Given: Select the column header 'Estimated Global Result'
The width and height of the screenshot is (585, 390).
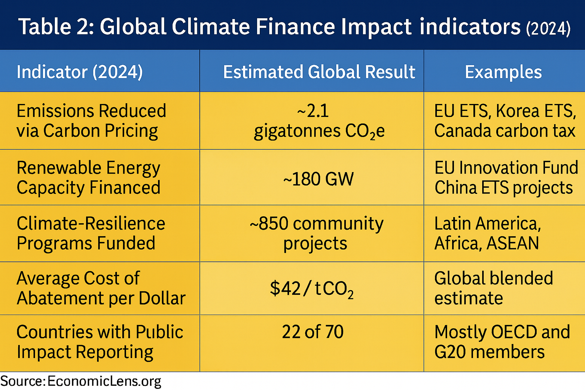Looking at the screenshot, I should (x=319, y=72).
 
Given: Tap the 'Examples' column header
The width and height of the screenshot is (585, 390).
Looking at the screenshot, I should (x=503, y=72).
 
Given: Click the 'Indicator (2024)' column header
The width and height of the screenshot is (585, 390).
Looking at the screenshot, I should (x=80, y=72).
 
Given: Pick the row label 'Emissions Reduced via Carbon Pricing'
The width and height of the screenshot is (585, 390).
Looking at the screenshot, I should (x=91, y=121).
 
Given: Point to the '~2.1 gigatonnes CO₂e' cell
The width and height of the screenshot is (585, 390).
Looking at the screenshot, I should (x=319, y=121).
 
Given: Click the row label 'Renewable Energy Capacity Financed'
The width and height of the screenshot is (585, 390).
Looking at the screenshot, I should (x=88, y=177).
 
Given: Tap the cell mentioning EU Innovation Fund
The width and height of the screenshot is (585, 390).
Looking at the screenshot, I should (x=506, y=177).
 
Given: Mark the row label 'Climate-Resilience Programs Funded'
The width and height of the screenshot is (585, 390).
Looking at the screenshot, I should (x=91, y=233).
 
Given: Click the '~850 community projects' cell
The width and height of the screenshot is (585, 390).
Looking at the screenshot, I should (x=316, y=233).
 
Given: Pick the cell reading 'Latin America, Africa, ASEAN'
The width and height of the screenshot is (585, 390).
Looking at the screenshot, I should (x=487, y=233).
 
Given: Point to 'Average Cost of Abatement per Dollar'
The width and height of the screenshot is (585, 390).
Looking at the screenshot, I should (x=101, y=288).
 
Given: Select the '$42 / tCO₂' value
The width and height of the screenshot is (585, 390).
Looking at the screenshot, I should (x=312, y=289).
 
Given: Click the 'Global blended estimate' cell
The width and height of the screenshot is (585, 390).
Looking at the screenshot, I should (x=493, y=288).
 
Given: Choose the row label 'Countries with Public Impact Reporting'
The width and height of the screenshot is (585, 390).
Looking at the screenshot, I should (x=100, y=342).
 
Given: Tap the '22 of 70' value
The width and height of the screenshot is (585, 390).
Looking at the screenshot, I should (x=313, y=332).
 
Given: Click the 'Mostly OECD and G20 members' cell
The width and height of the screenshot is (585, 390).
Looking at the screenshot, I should (x=502, y=342).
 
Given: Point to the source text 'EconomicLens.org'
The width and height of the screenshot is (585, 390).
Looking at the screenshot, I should (x=104, y=381).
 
